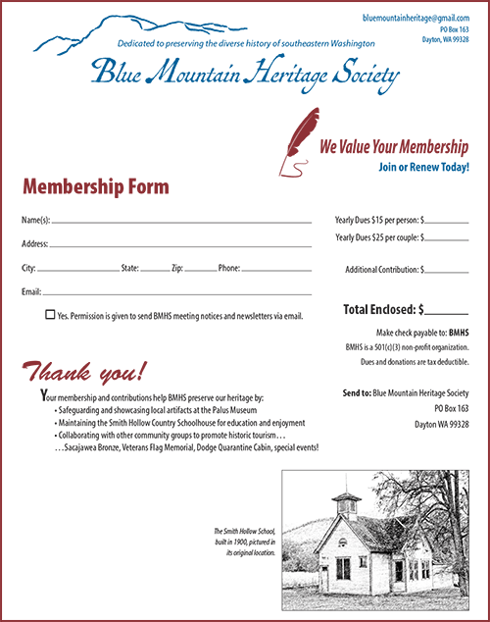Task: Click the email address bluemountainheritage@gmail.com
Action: pos(416,19)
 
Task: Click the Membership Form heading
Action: pos(95,186)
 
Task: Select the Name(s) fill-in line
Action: pos(181,223)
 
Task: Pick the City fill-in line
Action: pos(76,269)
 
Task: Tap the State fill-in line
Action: pos(155,269)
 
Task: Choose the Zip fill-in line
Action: pos(200,269)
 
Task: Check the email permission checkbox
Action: pos(50,315)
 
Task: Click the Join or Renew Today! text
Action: pos(422,168)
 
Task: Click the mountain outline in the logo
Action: pos(118,34)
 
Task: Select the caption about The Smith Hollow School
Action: pos(246,541)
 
